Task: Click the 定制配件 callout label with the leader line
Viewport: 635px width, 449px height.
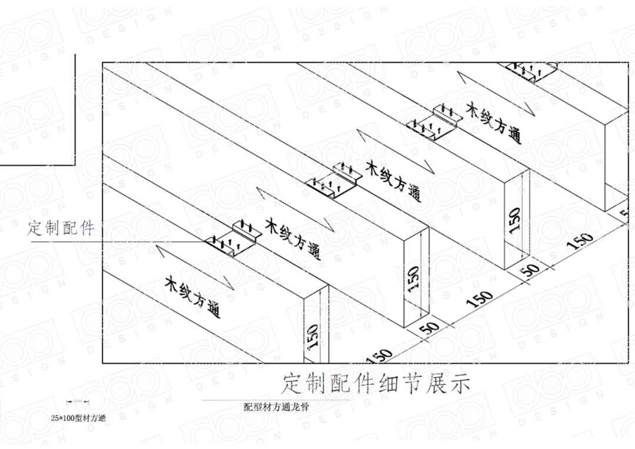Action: tap(61, 228)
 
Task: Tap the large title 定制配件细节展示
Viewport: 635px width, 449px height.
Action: tap(376, 383)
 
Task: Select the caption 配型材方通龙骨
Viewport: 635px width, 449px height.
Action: tap(276, 407)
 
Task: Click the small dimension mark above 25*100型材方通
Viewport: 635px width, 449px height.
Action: tap(78, 401)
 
